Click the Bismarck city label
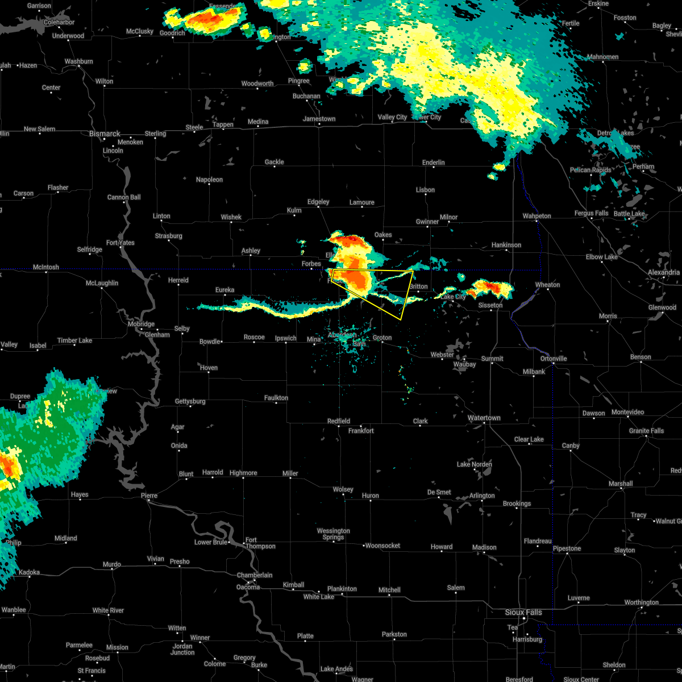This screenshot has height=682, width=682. pos(105,134)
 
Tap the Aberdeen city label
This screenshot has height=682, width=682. pos(342,335)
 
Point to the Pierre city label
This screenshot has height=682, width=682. pos(149,496)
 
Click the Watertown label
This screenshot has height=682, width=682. pos(484,418)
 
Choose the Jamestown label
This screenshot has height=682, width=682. pos(319,119)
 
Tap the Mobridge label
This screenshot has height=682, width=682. pos(141,324)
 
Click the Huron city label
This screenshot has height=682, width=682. pos(370,496)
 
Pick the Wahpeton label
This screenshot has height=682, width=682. pos(537,216)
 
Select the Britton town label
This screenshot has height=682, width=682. pos(418,286)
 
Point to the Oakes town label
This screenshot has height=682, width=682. pos(383,235)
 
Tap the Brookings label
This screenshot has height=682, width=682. pos(517,504)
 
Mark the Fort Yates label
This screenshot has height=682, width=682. pos(120,243)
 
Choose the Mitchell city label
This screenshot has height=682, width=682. pos(389,590)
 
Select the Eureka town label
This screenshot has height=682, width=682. pos(224,290)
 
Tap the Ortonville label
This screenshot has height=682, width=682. pos(554,359)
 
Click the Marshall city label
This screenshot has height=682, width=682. pos(620,484)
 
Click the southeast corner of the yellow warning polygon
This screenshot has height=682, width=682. pos(401,319)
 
